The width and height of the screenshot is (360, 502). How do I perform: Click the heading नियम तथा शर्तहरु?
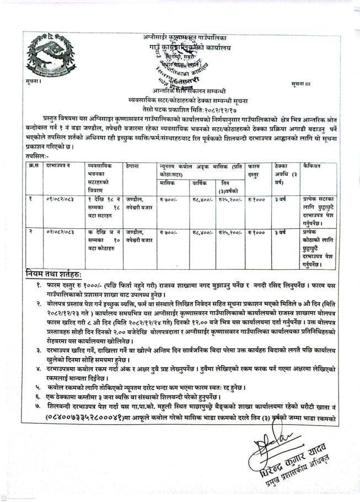[53, 274]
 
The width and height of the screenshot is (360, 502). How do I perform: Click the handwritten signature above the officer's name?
[281, 446]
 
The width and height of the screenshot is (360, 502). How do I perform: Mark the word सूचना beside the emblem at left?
[33, 82]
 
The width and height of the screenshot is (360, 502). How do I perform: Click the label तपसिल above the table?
[36, 157]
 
